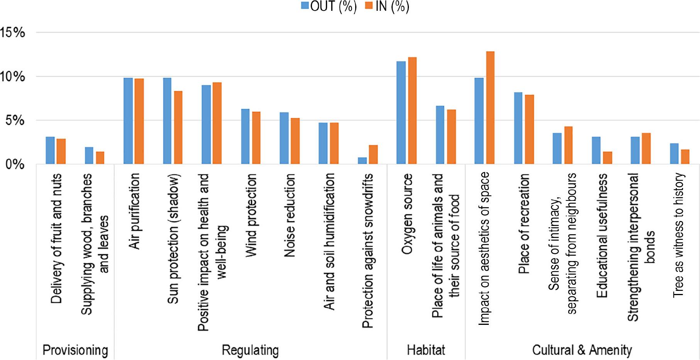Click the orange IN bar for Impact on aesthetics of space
490,108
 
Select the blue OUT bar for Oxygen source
401,113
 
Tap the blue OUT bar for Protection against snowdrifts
362,161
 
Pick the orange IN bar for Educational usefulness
607,158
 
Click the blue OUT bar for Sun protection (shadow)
167,121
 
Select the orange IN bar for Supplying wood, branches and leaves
100,158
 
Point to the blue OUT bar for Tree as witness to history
674,154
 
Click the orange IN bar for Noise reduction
295,141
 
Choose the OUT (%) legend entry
329,7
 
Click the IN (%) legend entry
387,7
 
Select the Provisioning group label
75,350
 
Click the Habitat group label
426,350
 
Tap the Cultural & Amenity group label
582,350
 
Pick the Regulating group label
250,350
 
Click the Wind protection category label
251,215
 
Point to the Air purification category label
134,211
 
